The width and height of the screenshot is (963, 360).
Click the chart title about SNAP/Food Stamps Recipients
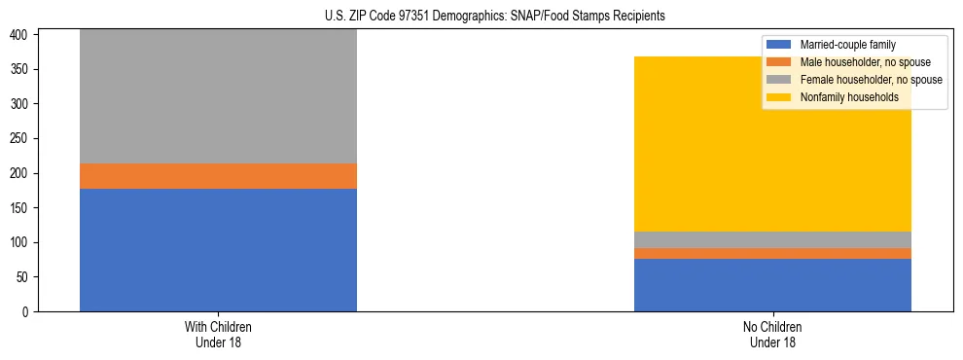point(495,16)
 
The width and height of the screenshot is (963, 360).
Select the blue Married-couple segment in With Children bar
point(218,250)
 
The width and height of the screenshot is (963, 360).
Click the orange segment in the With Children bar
point(218,176)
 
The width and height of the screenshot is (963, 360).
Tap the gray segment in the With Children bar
point(218,96)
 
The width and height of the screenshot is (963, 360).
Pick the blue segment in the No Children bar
point(772,285)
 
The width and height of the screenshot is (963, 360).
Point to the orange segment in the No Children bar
point(772,253)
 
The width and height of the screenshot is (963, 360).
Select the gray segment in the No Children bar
point(772,240)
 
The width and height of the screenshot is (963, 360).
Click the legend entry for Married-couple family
point(847,45)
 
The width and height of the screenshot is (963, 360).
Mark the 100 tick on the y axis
point(22,242)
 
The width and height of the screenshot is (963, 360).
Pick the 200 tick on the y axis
point(22,173)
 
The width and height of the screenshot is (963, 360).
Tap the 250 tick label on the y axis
point(22,139)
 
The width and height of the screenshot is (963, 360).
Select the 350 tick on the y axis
point(22,70)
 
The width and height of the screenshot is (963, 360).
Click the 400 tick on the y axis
point(22,35)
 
